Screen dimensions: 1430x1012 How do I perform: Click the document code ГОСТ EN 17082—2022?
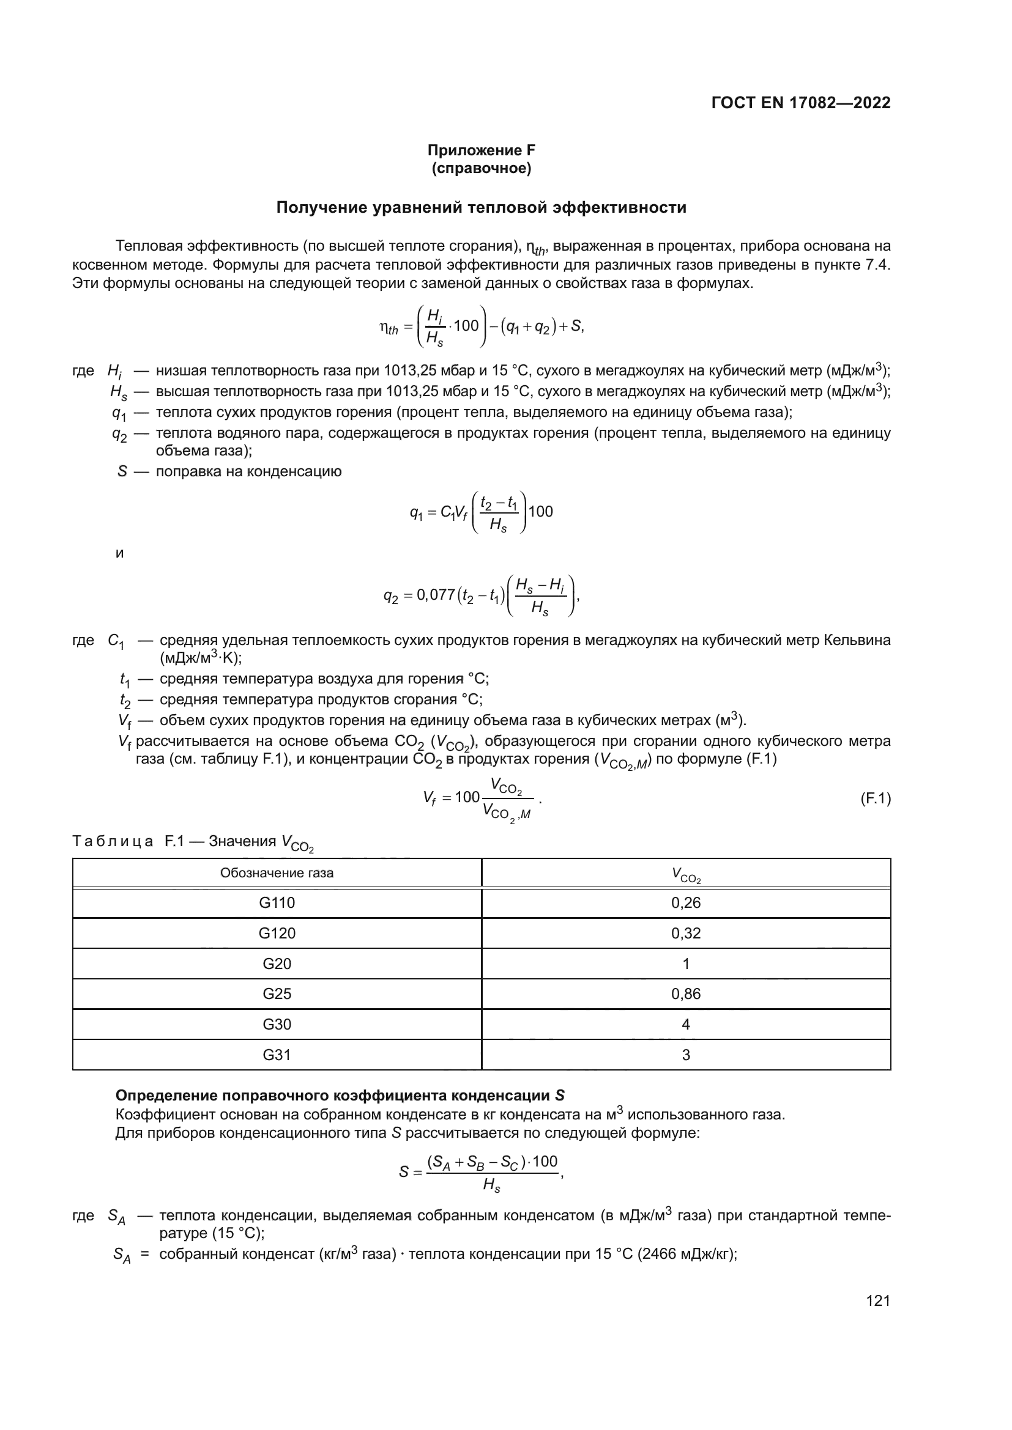pyautogui.click(x=801, y=103)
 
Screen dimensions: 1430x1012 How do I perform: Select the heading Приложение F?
pyautogui.click(x=481, y=150)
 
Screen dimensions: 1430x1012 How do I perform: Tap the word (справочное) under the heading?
pyautogui.click(x=481, y=169)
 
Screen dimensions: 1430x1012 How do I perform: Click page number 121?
pyautogui.click(x=878, y=1300)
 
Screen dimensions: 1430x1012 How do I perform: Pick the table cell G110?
pyautogui.click(x=277, y=902)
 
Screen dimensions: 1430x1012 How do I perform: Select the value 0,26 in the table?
pyautogui.click(x=685, y=902)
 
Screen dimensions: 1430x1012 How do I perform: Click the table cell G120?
pyautogui.click(x=277, y=933)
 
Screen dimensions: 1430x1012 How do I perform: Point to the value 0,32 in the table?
pyautogui.click(x=685, y=933)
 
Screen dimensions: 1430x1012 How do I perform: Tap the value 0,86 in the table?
pyautogui.click(x=685, y=993)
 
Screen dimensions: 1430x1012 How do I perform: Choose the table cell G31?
pyautogui.click(x=277, y=1055)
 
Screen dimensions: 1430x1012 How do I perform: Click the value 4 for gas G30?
pyautogui.click(x=685, y=1024)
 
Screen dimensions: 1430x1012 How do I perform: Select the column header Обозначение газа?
pyautogui.click(x=277, y=872)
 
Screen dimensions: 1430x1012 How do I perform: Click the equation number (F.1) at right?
pyautogui.click(x=875, y=798)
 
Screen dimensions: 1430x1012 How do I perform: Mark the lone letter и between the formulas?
pyautogui.click(x=120, y=553)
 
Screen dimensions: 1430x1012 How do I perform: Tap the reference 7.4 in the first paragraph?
pyautogui.click(x=878, y=265)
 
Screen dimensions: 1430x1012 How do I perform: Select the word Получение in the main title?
pyautogui.click(x=321, y=207)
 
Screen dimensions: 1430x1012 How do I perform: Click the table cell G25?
pyautogui.click(x=277, y=993)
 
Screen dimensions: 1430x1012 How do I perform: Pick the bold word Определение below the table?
pyautogui.click(x=167, y=1096)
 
